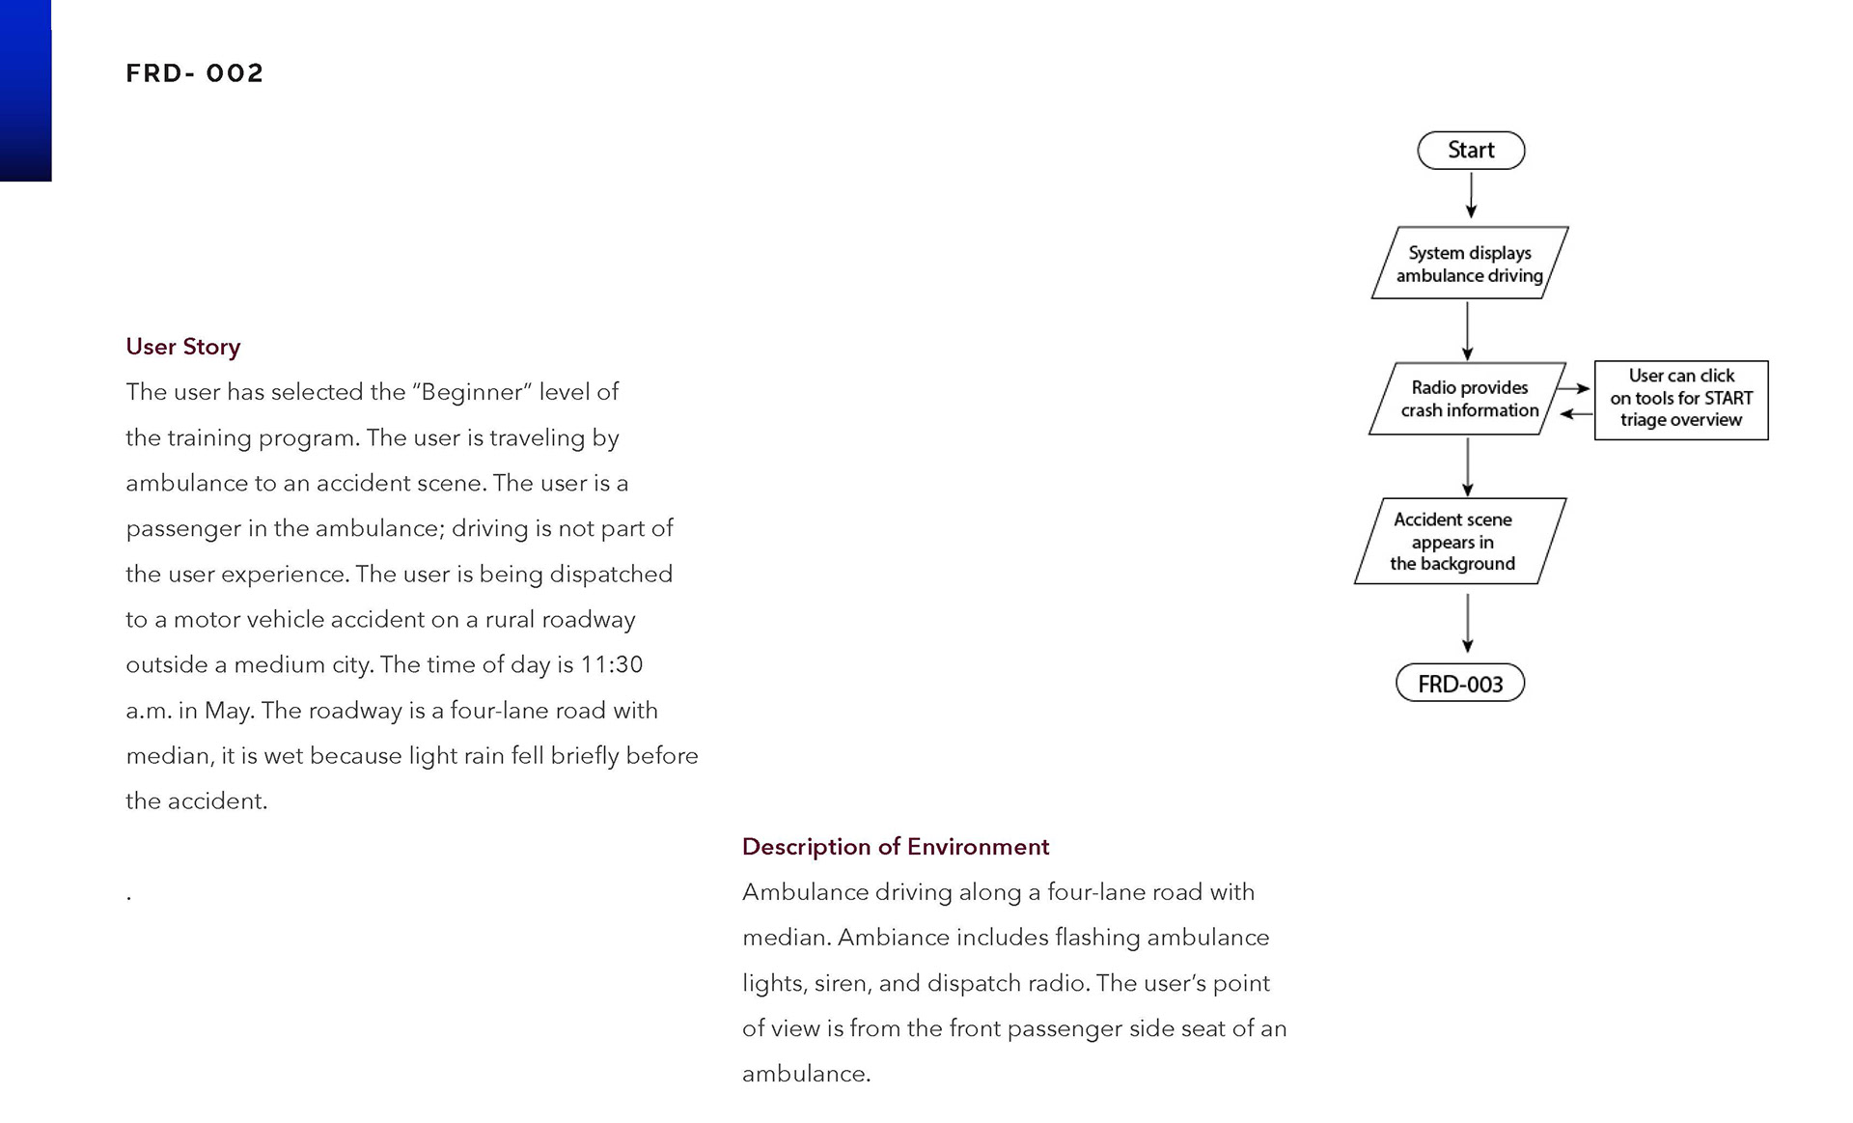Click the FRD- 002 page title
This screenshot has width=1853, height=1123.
tap(194, 73)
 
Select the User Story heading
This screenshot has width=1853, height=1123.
tap(182, 347)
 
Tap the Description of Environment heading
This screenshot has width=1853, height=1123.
tap(895, 847)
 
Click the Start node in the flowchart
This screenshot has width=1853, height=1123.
tap(1471, 151)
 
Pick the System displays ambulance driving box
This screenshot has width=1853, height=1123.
tap(1469, 264)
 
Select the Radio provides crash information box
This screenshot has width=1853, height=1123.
tap(1468, 399)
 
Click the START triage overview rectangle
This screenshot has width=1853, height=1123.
tap(1681, 400)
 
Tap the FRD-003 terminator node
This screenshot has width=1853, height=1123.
tap(1460, 684)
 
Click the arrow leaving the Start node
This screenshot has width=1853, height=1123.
tap(1471, 196)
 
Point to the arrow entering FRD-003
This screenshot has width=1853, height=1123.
tap(1468, 624)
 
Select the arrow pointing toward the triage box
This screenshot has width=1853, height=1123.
tap(1573, 388)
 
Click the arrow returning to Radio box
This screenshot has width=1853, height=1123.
tap(1576, 413)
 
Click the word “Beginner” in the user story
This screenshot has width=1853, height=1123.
tap(472, 392)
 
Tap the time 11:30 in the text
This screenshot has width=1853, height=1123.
tap(611, 665)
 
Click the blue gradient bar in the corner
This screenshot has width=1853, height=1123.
tap(25, 90)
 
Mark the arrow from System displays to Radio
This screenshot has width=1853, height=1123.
tap(1467, 331)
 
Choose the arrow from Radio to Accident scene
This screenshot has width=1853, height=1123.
tap(1468, 466)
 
